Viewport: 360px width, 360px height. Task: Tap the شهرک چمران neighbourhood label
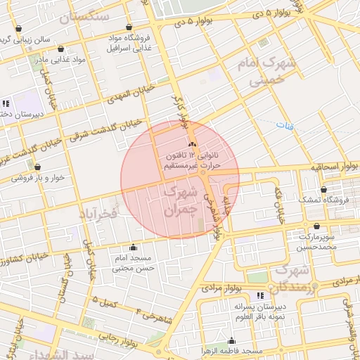tap(177, 200)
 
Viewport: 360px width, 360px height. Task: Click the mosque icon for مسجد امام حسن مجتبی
tap(133, 247)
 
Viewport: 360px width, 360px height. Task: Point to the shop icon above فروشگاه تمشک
tap(323, 189)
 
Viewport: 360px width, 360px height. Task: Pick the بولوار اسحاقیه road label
tap(334, 167)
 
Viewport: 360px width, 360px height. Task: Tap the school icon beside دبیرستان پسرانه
tap(261, 295)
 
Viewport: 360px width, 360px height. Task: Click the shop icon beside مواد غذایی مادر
tap(61, 49)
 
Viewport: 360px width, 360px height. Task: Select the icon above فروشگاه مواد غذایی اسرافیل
tap(128, 27)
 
